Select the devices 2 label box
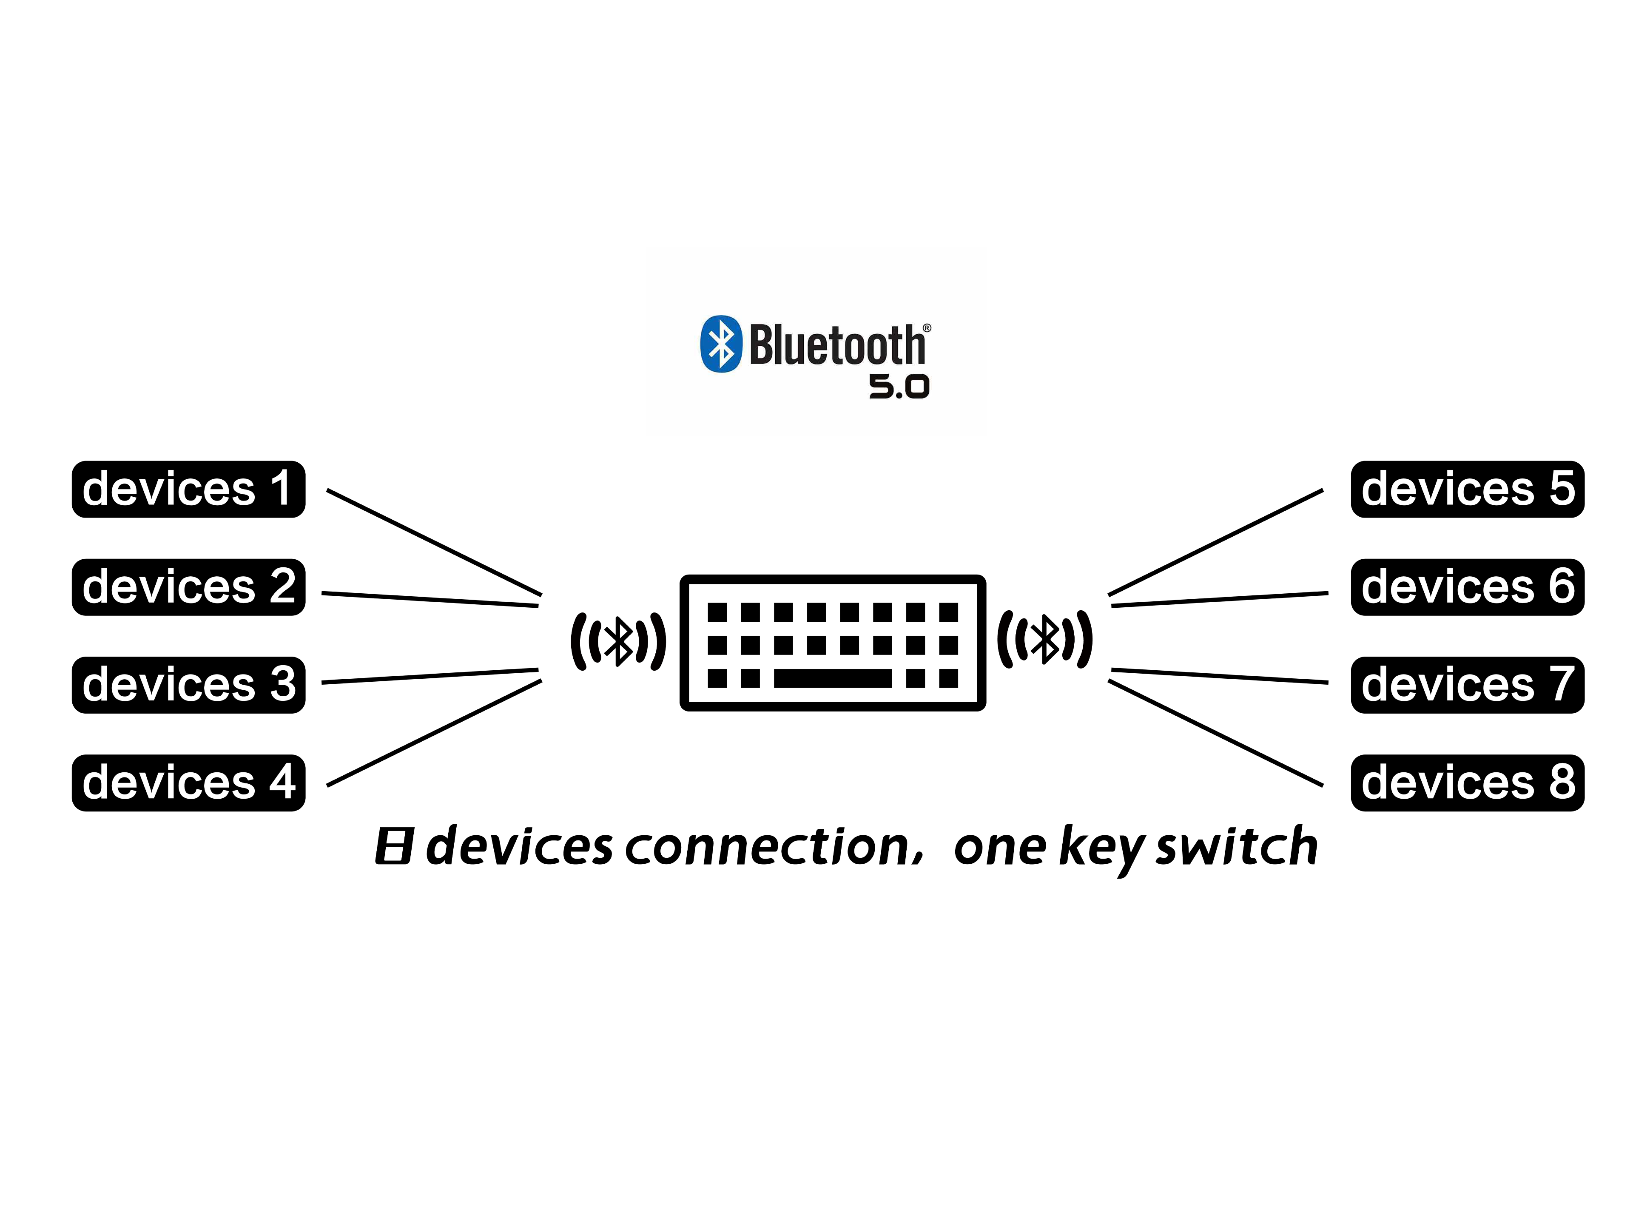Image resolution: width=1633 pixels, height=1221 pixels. (x=188, y=587)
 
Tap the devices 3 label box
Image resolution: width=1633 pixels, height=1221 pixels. (x=188, y=684)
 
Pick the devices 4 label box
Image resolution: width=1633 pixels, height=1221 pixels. (x=188, y=783)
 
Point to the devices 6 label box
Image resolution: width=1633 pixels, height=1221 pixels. (x=1467, y=587)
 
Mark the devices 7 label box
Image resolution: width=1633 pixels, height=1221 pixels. (x=1467, y=684)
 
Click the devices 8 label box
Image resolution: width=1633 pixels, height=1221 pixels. (x=1467, y=783)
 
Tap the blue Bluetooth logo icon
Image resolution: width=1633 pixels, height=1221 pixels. (x=720, y=344)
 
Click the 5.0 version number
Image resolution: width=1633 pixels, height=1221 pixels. (x=899, y=386)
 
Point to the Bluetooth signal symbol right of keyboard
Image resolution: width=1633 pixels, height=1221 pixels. (x=1044, y=638)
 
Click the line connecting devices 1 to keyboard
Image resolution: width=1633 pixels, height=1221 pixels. (x=434, y=542)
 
